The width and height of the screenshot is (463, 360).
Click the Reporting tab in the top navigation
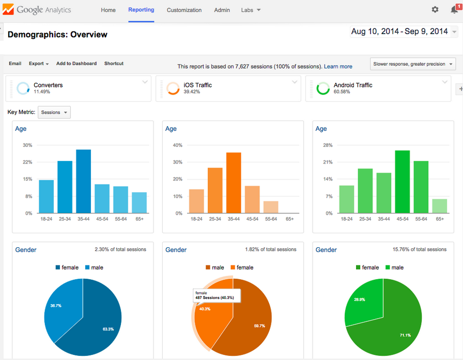point(141,10)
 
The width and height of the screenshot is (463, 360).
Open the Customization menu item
point(184,10)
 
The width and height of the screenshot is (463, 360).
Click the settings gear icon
point(435,10)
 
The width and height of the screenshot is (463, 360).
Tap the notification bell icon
point(454,10)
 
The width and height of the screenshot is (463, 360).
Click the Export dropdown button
point(39,64)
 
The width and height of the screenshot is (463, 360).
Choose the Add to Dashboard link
point(76,64)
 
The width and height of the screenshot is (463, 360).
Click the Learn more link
point(338,66)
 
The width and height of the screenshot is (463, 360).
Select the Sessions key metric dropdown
point(54,112)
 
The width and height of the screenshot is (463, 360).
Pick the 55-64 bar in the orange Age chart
point(271,207)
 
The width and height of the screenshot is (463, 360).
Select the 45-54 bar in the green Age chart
point(403,182)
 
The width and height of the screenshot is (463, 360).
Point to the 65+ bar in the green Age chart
point(440,206)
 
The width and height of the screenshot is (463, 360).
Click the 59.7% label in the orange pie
point(259,326)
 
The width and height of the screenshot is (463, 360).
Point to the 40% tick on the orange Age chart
point(177,145)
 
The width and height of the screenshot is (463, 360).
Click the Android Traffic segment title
point(353,85)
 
